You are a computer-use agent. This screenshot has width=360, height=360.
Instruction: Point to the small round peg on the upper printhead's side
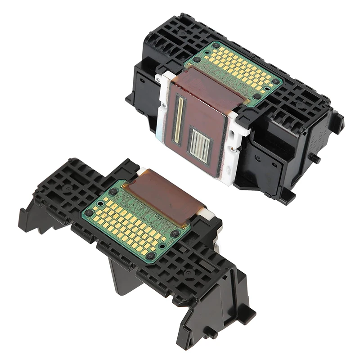click(x=316, y=159)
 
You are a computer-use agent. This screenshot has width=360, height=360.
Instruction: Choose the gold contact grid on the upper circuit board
click(x=238, y=67)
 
